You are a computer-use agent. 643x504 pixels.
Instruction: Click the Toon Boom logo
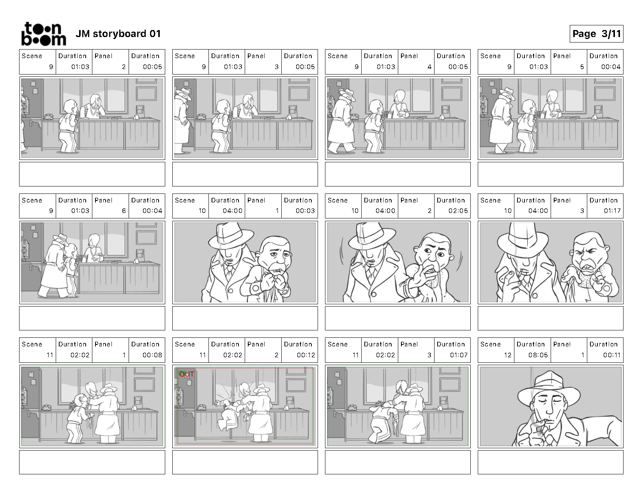(x=44, y=34)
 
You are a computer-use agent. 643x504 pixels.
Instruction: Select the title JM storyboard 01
(x=118, y=34)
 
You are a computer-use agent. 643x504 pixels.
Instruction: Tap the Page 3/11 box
(x=596, y=34)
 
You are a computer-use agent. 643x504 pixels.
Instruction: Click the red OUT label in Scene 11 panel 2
(x=187, y=374)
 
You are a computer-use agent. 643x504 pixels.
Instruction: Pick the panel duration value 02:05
(x=458, y=211)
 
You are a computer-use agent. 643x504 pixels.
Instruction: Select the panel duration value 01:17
(x=612, y=211)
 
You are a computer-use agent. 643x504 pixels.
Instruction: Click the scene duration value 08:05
(x=538, y=355)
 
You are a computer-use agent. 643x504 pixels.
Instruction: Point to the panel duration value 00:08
(x=152, y=355)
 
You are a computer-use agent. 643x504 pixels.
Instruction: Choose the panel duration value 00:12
(x=306, y=355)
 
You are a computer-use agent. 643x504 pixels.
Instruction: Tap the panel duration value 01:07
(x=459, y=355)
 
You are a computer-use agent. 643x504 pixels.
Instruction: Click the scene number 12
(x=508, y=355)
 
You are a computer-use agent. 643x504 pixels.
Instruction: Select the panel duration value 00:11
(x=612, y=355)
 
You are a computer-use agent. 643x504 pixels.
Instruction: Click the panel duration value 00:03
(x=306, y=211)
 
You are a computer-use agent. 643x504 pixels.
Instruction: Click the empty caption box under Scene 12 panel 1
(x=550, y=462)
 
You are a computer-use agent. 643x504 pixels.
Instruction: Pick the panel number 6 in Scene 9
(x=124, y=211)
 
